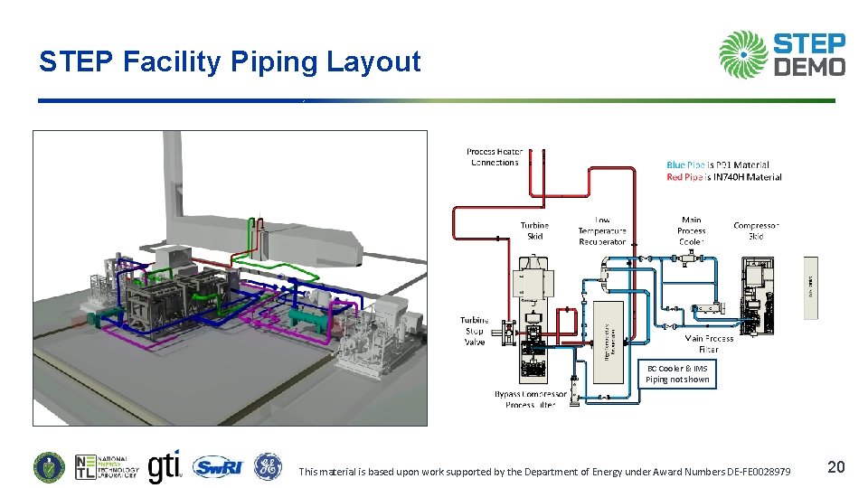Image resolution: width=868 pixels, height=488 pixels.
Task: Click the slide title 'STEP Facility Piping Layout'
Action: pos(230,61)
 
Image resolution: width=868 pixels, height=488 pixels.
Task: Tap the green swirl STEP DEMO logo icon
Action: pos(742,54)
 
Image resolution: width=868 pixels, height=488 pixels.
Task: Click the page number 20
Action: pos(836,466)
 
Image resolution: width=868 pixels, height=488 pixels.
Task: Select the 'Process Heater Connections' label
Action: pos(495,157)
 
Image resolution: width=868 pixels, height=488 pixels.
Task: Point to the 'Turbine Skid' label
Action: pos(534,230)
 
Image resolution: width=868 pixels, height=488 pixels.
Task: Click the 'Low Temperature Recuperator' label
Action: pos(602,230)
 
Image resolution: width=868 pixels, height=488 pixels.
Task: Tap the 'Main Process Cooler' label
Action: pos(692,230)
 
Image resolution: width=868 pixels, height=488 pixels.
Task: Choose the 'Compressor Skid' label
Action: pos(756,230)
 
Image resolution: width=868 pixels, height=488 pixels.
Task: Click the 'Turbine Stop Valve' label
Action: pos(474,331)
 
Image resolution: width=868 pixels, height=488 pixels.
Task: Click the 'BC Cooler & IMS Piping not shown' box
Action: pos(677,374)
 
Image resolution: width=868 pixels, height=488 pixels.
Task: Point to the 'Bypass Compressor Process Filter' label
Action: pos(531,399)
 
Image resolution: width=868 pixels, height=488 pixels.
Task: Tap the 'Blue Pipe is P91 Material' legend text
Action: pos(718,164)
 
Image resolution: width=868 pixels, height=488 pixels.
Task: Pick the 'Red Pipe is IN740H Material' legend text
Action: pos(723,177)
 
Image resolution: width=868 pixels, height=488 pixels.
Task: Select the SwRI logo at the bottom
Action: pos(217,466)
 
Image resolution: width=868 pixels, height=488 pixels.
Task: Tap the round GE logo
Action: pos(268,466)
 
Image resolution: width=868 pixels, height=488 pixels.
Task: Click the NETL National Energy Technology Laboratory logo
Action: pos(107,466)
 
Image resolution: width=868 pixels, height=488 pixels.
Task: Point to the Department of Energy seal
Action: pos(49,466)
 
